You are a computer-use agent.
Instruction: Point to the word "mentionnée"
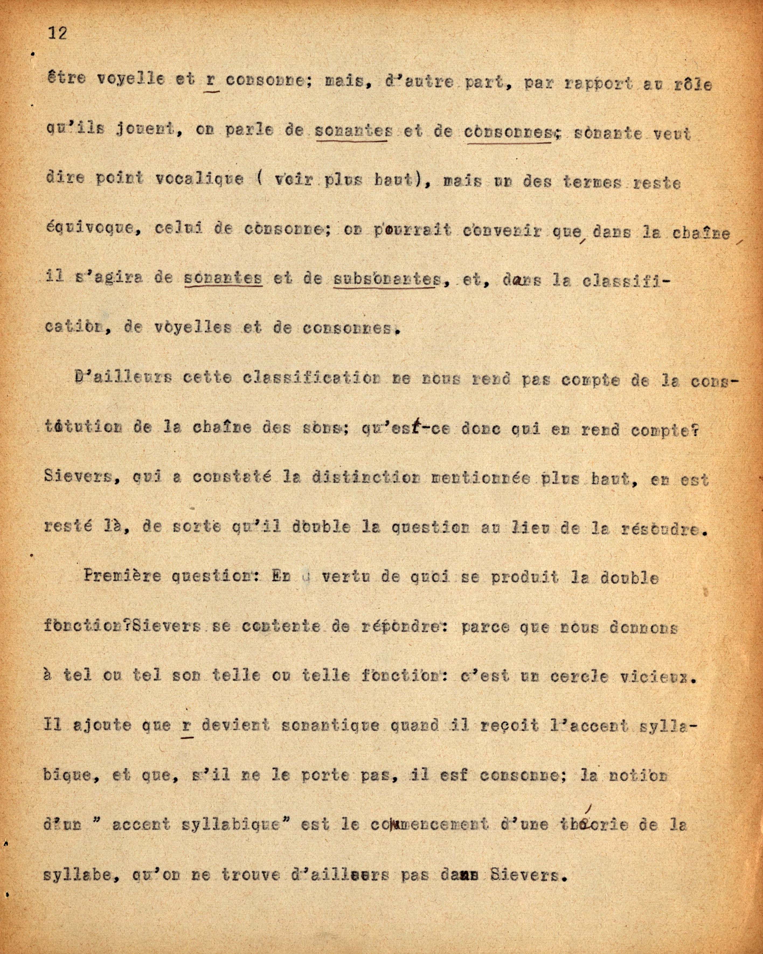coord(480,479)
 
